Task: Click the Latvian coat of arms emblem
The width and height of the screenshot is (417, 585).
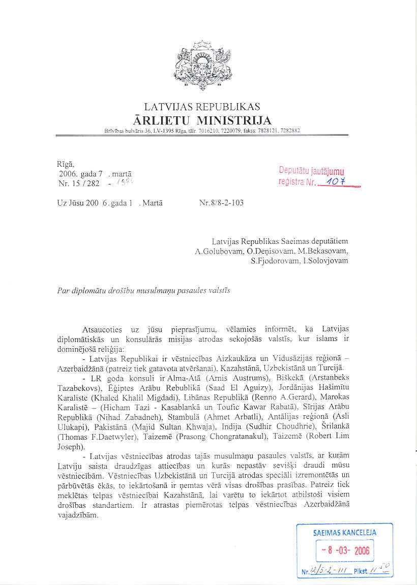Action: [x=202, y=65]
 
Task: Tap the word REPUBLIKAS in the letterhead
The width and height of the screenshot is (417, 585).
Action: [x=231, y=107]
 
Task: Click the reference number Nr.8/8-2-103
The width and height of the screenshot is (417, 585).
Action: [x=221, y=203]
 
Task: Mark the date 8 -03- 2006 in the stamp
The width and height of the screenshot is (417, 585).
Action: [x=345, y=550]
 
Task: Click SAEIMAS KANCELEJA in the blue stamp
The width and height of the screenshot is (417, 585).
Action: [x=345, y=533]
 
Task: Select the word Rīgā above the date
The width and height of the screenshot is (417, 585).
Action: [x=66, y=164]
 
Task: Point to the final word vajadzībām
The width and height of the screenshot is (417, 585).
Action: [x=75, y=515]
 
